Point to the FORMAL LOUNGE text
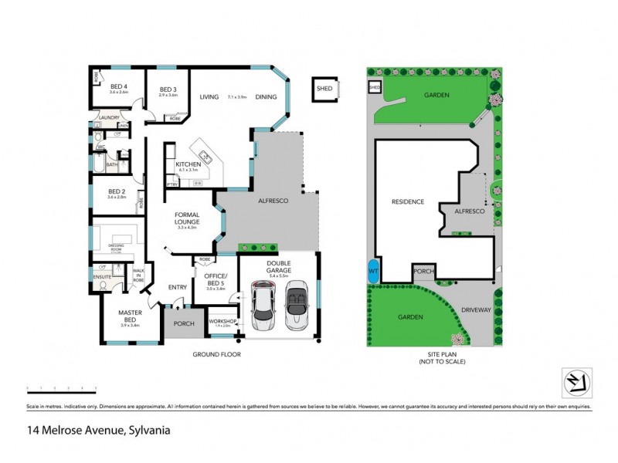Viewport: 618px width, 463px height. coord(188,220)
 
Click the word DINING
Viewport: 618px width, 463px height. coord(266,97)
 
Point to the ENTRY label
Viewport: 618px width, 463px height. coord(178,288)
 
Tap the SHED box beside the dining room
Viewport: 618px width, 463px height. coord(324,89)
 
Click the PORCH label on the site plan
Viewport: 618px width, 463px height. coord(423,271)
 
